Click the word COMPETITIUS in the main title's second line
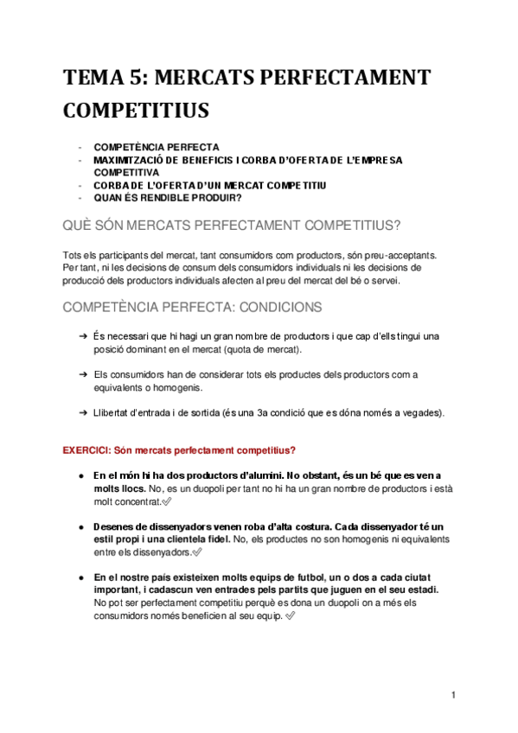(136, 111)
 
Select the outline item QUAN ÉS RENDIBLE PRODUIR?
(168, 198)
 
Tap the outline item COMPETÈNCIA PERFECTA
(157, 147)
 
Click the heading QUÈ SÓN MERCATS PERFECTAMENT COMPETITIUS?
(232, 226)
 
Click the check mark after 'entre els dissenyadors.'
(198, 552)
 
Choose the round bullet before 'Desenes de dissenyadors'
(81, 526)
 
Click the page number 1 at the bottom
(453, 695)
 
